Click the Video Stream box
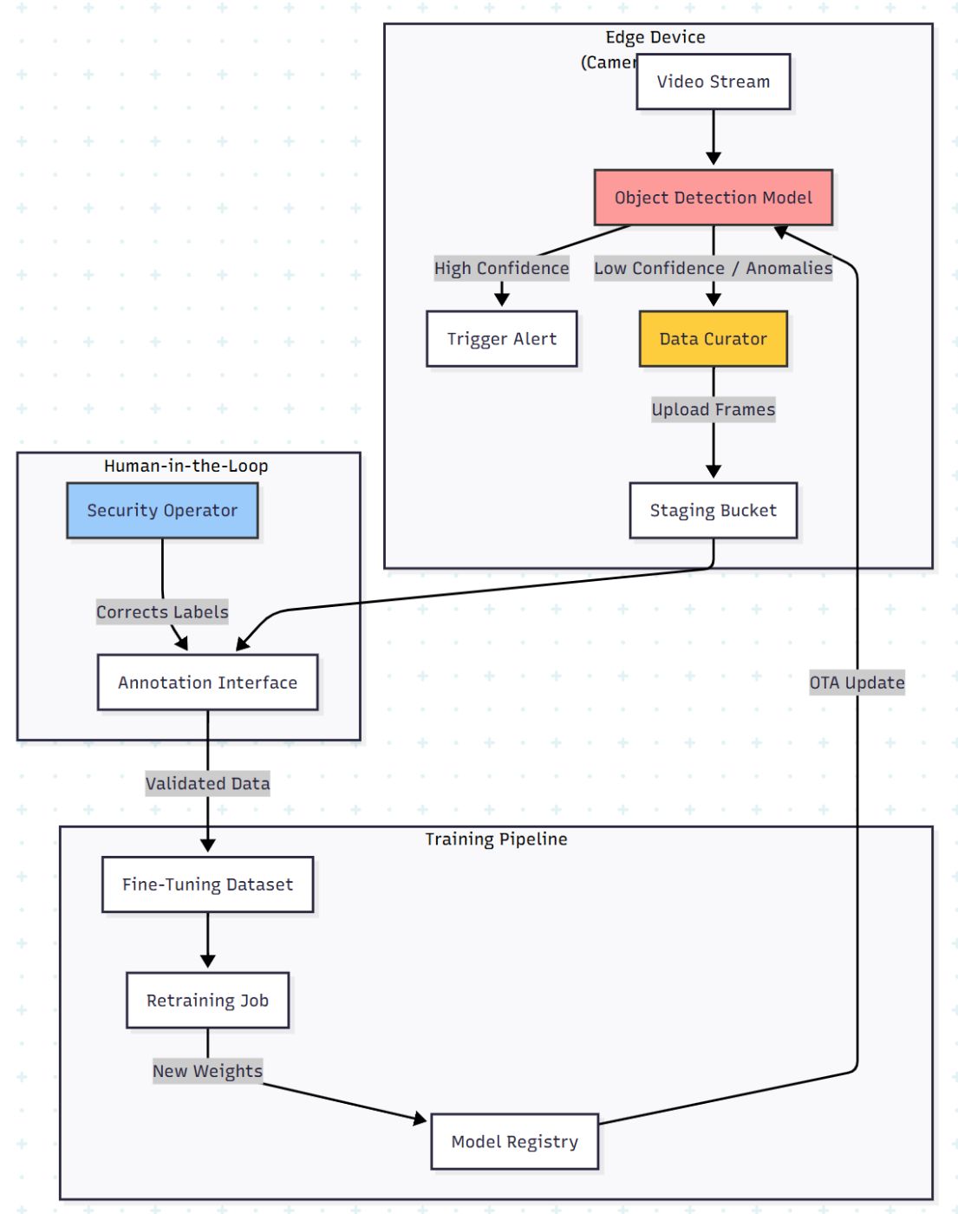click(713, 82)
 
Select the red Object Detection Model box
click(713, 198)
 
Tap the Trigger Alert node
click(501, 339)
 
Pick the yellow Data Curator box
click(713, 339)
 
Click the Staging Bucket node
click(713, 511)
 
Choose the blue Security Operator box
click(162, 511)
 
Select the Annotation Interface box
click(207, 682)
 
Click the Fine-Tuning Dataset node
click(207, 884)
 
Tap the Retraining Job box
click(207, 1001)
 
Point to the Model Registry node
click(514, 1142)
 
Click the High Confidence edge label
click(501, 269)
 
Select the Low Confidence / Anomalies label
click(713, 269)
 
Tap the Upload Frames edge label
click(713, 409)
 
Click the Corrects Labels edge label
click(162, 612)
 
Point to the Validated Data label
click(207, 784)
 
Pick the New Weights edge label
click(207, 1071)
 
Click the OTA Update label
click(857, 683)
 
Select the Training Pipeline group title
click(496, 839)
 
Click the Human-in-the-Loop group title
click(186, 467)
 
